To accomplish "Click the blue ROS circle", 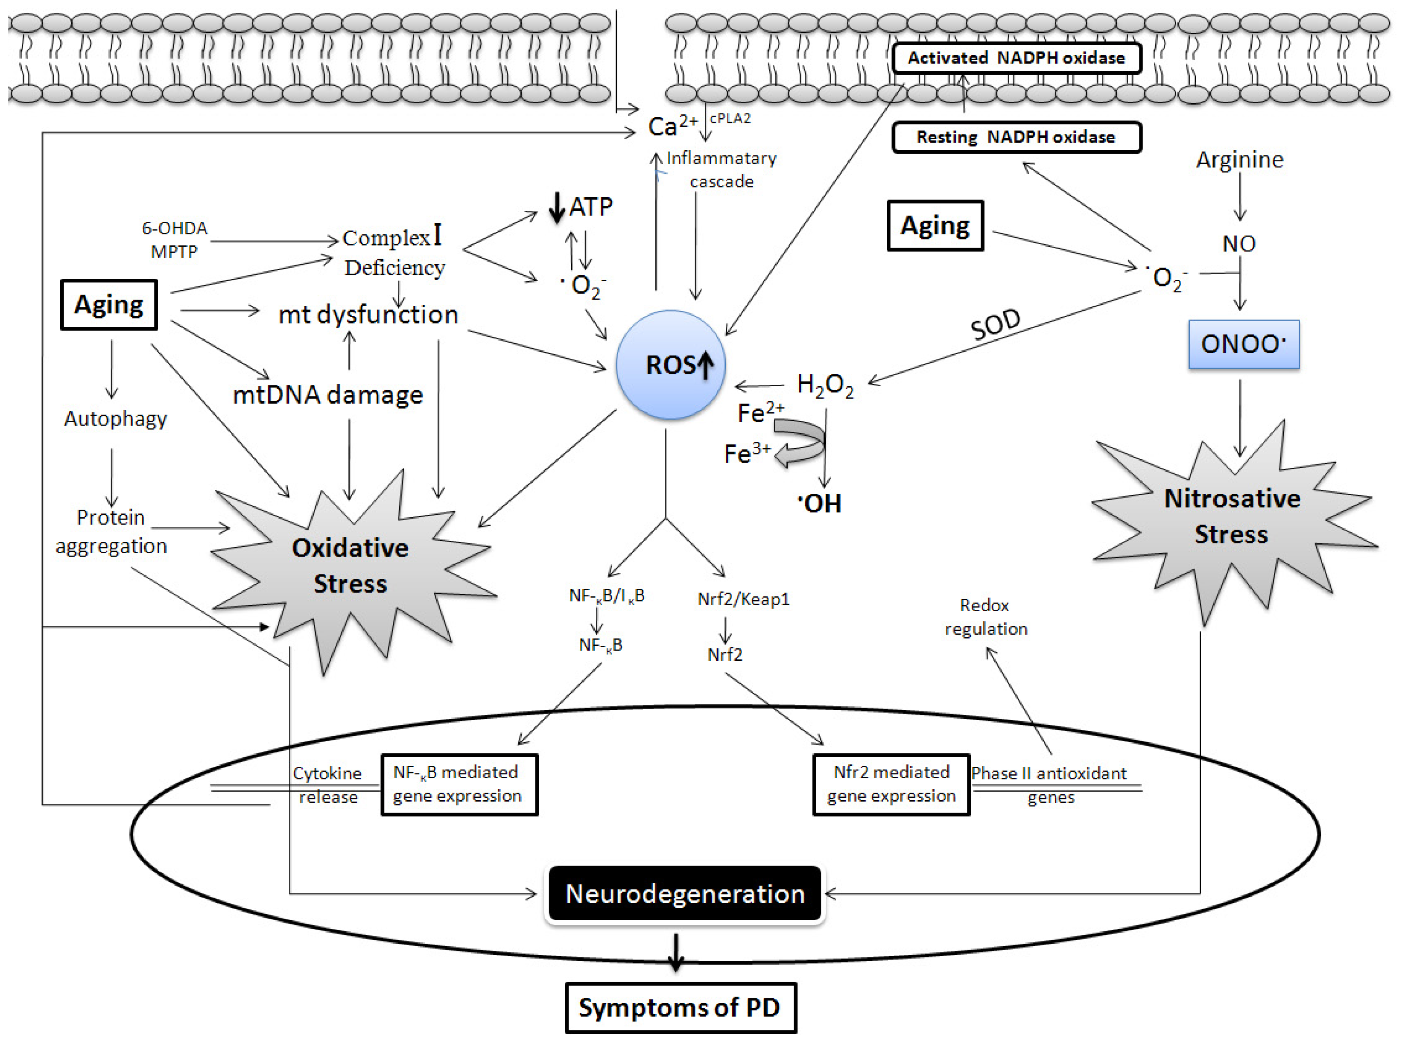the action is point(671,365).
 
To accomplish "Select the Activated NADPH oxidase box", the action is point(1017,58).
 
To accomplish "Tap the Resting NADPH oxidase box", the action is point(1017,137).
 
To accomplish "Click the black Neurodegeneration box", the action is point(684,894).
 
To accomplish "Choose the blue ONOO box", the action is point(1243,344).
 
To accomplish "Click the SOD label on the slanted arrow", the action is point(996,324).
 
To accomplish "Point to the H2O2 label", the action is point(825,385).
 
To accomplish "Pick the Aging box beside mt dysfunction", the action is point(109,305).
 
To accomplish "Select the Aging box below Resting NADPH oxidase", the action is point(935,226).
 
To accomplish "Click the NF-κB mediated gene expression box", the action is point(459,785).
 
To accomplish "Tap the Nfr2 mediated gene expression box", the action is point(891,785).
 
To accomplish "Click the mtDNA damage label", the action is point(328,395).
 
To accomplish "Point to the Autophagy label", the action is point(116,419).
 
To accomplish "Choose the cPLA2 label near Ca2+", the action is point(730,119).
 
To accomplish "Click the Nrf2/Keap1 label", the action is point(743,599).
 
